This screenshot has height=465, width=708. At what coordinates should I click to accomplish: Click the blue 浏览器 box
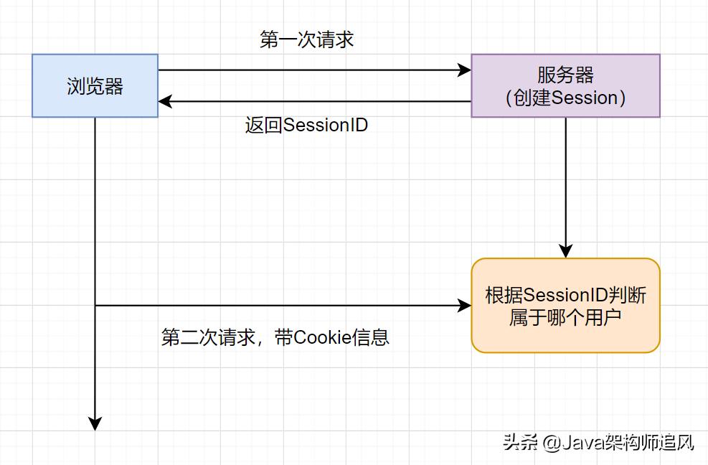coord(95,85)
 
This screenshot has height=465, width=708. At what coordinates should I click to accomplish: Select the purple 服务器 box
coord(565,85)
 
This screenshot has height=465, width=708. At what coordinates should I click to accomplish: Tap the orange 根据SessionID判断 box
coord(565,306)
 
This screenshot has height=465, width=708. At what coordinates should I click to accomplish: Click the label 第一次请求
coord(306,39)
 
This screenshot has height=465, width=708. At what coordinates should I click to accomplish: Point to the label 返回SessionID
coord(306,125)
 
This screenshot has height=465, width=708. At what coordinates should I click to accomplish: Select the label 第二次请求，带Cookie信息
coord(275,337)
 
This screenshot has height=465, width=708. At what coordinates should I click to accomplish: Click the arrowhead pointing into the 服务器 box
coord(464,70)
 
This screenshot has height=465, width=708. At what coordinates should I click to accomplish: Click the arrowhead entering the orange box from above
coord(565,251)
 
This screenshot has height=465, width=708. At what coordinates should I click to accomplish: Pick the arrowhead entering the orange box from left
coord(464,306)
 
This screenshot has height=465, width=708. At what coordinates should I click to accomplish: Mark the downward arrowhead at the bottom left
coord(95,423)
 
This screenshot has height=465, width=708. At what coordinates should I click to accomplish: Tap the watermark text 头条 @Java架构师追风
coord(598,442)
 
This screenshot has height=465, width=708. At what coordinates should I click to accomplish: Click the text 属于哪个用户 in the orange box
coord(565,317)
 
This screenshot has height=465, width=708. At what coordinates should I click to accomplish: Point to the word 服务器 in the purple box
coord(565,75)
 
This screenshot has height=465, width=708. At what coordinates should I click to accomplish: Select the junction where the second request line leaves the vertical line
coord(95,306)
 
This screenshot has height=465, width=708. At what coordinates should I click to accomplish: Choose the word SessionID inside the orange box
coord(566,295)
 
